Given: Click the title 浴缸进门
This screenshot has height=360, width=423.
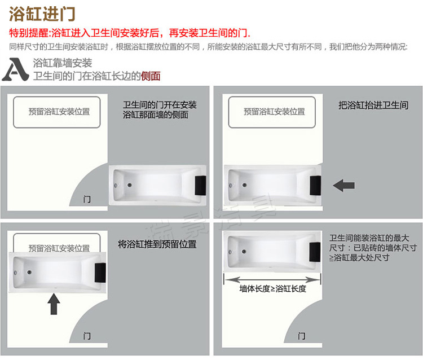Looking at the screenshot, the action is coord(42,14).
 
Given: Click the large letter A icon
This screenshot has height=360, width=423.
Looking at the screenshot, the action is coord(15,69).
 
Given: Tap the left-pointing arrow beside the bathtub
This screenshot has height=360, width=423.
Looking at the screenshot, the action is coord(343,186).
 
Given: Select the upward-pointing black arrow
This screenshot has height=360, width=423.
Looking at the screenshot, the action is coord(54,304).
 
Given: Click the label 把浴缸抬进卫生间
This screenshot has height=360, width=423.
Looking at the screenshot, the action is coord(373,106).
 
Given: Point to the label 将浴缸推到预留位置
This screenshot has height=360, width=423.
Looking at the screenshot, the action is coord(157,244).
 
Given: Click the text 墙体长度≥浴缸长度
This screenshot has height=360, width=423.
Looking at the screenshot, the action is coord(273,289).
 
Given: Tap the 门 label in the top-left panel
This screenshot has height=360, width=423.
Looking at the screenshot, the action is coord(87,199).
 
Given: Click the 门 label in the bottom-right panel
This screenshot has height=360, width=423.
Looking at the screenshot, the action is coord(302,336).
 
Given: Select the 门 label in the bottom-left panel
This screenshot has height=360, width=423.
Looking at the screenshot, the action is coord(87,336).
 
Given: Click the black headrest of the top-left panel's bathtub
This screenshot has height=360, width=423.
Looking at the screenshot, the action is coord(200,185).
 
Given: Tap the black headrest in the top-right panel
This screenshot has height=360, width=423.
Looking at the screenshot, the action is coord(315,186).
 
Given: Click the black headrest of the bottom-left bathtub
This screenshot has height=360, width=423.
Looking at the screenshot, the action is coord(100,273).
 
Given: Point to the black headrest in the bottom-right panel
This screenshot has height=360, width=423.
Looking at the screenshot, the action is coord(315,252).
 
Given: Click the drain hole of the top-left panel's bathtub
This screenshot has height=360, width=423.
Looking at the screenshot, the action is coord(130,185).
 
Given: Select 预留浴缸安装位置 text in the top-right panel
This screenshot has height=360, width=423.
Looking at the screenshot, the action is coord(274,112).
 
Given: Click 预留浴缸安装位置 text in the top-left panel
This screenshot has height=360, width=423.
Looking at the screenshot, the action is coord(59,112).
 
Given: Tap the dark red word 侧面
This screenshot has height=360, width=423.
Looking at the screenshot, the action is coord(151,76).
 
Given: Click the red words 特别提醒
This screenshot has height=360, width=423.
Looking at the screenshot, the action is coord(29,33).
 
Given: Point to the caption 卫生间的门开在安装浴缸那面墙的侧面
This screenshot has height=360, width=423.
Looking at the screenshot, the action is coord(160,110).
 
